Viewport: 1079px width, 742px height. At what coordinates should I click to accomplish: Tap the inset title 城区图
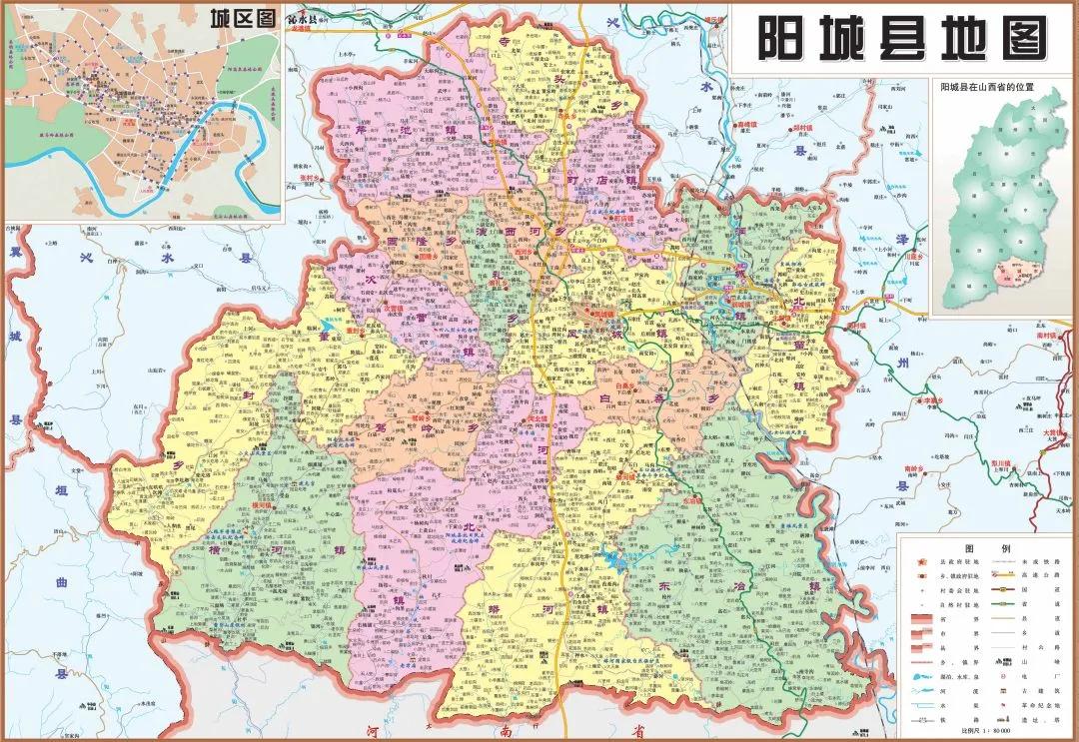[241, 17]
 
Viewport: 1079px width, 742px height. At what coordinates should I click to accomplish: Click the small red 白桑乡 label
[625, 383]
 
